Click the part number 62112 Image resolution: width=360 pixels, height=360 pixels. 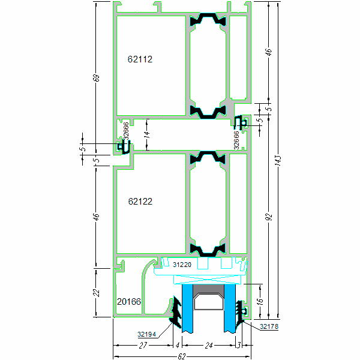point(140,59)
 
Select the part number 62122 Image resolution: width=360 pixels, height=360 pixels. point(140,202)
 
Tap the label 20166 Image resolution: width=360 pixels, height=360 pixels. point(129,302)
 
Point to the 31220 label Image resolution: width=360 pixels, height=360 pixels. point(182,264)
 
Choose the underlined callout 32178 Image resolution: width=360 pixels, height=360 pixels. point(269,327)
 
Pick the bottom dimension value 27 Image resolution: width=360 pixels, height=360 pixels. point(143,346)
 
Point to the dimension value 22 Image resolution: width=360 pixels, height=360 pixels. point(97,292)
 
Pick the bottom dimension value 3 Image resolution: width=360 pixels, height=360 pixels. point(238,346)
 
